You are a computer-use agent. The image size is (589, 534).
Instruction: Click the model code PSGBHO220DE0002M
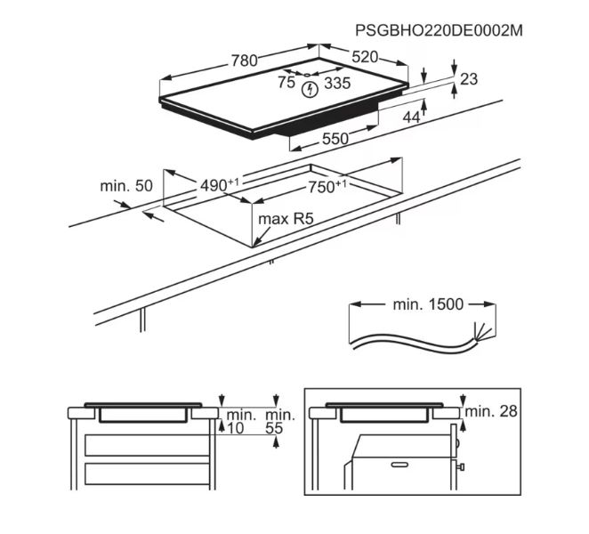(439, 30)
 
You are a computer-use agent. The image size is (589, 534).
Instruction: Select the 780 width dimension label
(244, 61)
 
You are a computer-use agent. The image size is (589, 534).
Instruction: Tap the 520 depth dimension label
(365, 57)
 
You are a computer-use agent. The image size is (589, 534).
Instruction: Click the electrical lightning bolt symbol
(311, 89)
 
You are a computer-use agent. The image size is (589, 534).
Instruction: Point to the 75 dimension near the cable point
(286, 82)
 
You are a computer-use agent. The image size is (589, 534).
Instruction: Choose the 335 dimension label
(337, 83)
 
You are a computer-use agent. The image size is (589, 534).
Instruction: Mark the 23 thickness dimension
(469, 79)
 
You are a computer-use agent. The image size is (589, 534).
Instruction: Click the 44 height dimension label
(411, 117)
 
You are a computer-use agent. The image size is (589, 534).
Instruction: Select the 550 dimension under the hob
(335, 139)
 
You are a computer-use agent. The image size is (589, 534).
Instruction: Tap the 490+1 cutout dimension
(220, 184)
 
